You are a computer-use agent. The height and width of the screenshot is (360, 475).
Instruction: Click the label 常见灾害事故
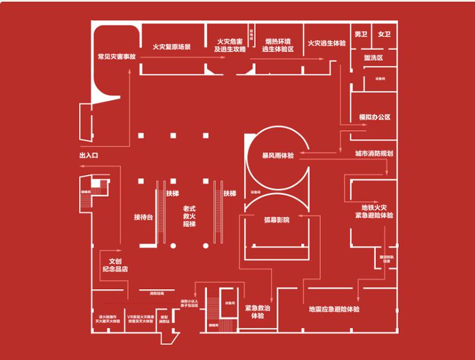116,58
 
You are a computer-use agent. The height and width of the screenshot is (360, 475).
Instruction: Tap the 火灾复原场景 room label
171,46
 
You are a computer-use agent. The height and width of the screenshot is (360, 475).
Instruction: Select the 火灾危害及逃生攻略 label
231,46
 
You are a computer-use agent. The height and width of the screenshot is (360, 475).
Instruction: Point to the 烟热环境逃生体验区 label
278,46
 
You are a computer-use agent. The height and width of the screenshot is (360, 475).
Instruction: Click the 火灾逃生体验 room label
327,43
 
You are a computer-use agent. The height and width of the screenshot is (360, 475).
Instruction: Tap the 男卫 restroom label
361,34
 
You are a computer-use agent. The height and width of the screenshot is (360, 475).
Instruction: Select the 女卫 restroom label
384,34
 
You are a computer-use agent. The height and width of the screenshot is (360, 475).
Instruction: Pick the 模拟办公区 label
375,117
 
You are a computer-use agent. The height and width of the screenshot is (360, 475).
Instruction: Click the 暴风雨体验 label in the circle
278,155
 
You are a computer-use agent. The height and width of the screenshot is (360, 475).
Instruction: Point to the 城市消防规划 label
374,154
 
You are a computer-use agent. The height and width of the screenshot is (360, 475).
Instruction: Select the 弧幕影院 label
277,220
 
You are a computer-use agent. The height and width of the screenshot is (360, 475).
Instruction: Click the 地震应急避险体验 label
334,310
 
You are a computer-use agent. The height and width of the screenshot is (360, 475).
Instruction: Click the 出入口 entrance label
88,155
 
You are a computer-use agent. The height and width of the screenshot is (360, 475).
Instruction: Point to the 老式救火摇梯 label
190,216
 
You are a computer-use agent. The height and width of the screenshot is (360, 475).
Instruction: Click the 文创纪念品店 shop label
117,265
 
